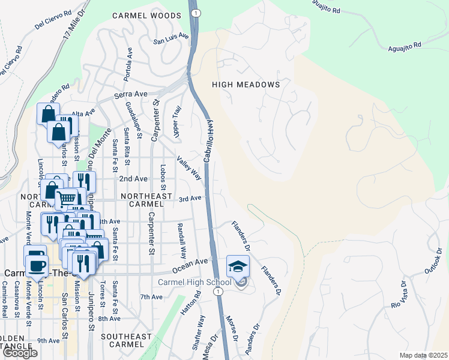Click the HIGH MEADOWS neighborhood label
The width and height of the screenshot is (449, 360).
tap(246, 85)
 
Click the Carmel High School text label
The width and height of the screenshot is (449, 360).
tap(194, 283)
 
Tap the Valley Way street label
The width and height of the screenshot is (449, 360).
tap(188, 168)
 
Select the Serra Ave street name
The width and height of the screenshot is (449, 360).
tap(130, 95)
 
